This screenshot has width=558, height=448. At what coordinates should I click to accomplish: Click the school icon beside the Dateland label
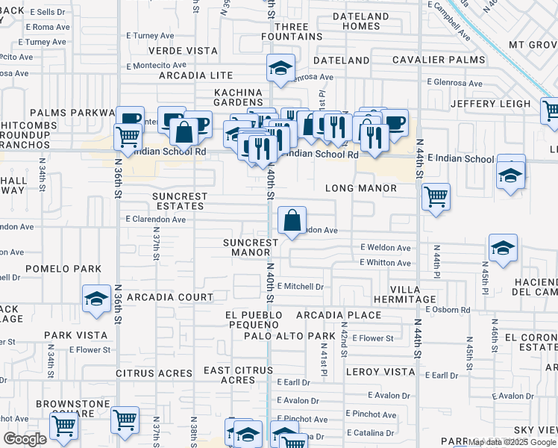point(280,69)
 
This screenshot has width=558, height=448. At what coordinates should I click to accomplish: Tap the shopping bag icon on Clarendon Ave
point(292,221)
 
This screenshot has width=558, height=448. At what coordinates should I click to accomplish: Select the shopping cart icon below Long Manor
point(436,198)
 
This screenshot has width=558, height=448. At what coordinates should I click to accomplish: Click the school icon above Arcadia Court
point(95,299)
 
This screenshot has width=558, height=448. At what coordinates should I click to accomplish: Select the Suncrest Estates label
point(178,201)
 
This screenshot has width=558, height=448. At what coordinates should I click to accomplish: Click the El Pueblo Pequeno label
point(254,320)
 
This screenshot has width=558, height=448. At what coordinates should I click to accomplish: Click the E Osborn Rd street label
point(445,309)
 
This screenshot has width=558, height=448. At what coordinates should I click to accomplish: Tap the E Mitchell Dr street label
point(301,286)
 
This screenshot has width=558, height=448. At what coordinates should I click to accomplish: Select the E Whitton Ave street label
point(385,263)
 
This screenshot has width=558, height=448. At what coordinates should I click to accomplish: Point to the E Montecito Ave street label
point(155,66)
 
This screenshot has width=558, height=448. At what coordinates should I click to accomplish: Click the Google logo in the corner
point(25,439)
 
